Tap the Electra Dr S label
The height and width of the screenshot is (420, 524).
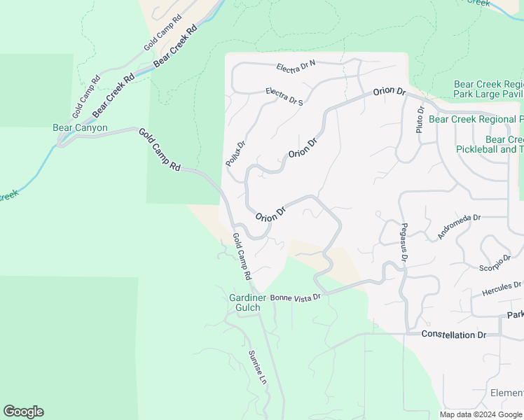click(284, 96)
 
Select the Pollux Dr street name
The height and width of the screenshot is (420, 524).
click(235, 154)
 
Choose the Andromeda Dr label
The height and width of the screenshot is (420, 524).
click(459, 227)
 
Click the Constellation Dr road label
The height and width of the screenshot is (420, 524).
click(453, 335)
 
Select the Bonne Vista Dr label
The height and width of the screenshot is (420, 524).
click(295, 297)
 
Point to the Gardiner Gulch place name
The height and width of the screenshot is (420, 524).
click(248, 302)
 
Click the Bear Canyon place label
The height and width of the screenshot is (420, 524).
click(80, 128)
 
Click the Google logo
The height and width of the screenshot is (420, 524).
click(23, 412)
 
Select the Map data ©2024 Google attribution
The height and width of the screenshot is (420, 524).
click(481, 414)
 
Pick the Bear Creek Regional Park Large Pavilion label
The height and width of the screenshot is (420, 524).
click(488, 88)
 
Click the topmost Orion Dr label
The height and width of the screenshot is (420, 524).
click(389, 92)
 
